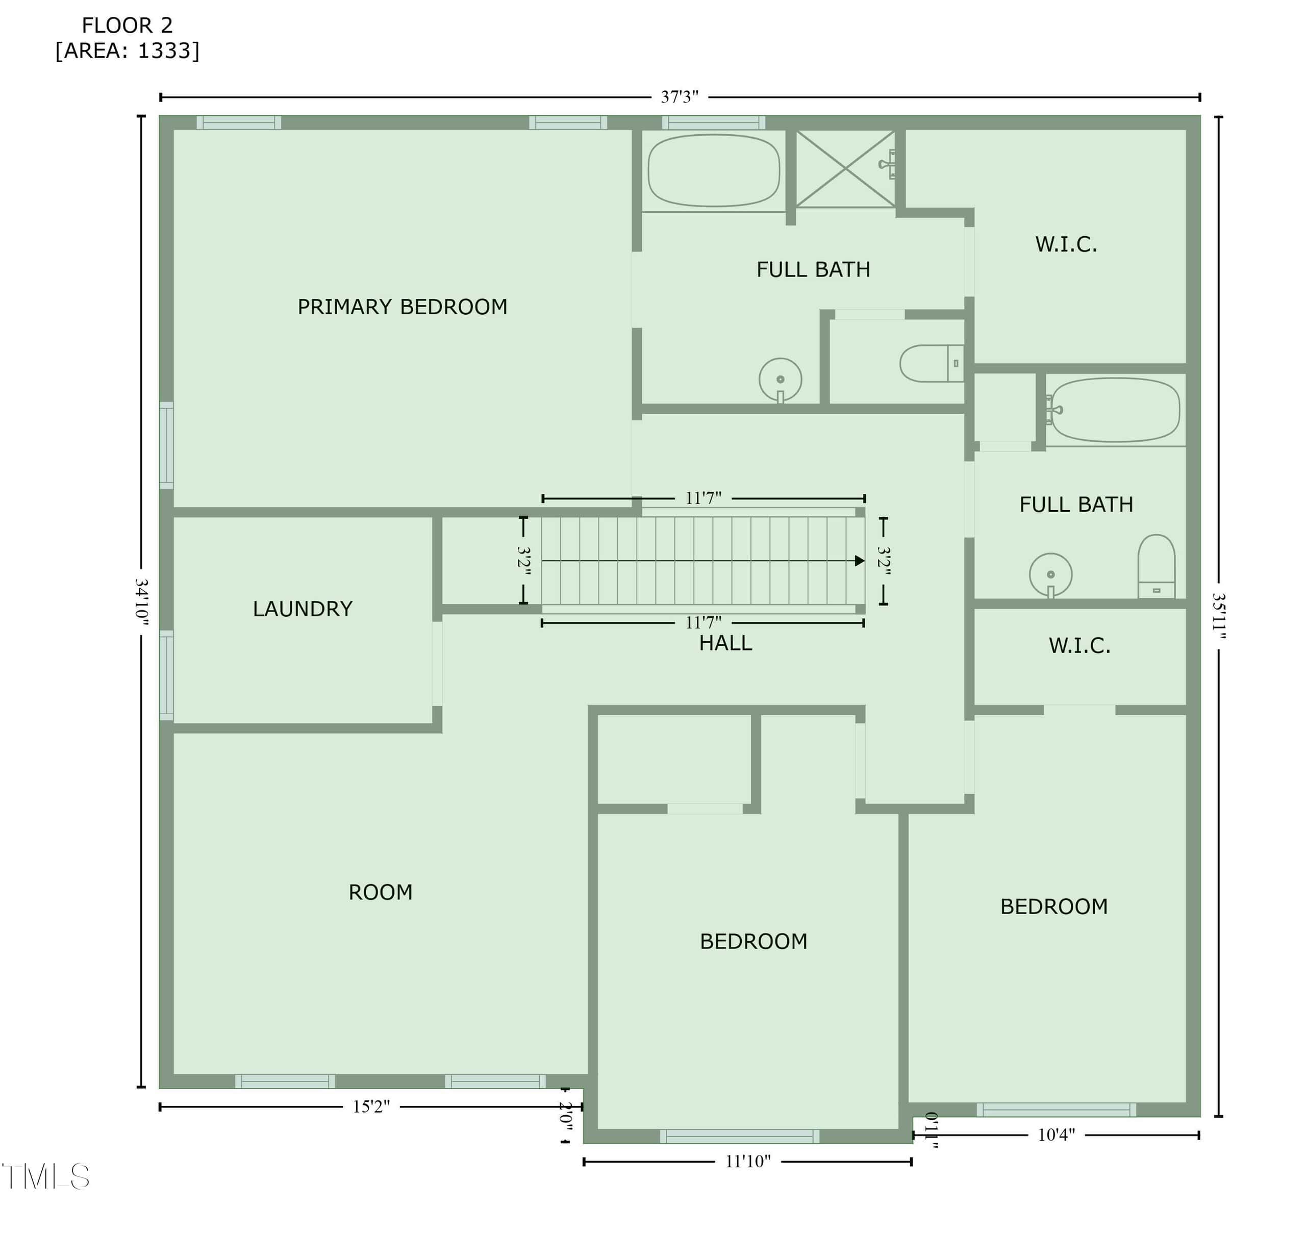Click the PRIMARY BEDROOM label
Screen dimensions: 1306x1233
(402, 307)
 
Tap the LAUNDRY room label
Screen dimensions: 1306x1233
(303, 609)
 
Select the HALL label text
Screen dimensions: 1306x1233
(725, 643)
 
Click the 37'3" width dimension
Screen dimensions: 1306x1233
(680, 97)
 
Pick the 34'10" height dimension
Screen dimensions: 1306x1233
(141, 601)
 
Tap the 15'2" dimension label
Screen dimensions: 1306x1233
(371, 1107)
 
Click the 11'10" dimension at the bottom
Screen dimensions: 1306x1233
(748, 1162)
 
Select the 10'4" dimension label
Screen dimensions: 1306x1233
(1056, 1135)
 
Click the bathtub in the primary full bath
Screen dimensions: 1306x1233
(714, 171)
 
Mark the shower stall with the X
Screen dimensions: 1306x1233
(845, 169)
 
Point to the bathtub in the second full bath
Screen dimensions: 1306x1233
(1115, 410)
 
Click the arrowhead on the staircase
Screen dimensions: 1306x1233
(859, 561)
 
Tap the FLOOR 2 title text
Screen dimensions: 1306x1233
(128, 26)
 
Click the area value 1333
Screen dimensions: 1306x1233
(164, 51)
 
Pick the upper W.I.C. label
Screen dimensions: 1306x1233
(1066, 244)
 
